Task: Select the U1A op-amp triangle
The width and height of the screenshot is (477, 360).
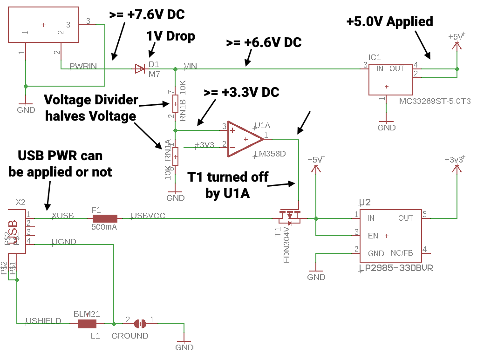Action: tap(244, 139)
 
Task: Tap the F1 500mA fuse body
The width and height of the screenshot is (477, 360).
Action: tap(104, 218)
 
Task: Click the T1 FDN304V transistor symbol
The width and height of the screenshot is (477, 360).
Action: tap(289, 216)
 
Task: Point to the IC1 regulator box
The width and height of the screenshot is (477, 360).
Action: tap(390, 79)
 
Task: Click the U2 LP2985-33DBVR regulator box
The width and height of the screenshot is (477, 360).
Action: tap(390, 236)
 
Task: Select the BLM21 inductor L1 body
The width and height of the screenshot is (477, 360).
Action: tap(87, 324)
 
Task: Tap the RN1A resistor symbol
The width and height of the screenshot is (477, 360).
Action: tap(175, 154)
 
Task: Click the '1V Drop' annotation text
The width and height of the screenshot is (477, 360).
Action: tap(170, 36)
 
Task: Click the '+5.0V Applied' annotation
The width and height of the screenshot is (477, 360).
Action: tap(390, 21)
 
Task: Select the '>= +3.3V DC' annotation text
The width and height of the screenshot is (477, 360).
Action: tap(241, 92)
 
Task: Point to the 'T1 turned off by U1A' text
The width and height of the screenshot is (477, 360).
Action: tap(228, 184)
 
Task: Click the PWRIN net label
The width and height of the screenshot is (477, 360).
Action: tap(83, 66)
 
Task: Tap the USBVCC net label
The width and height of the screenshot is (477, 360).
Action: tap(148, 216)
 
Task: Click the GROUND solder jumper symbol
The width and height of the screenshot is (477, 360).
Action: tap(140, 323)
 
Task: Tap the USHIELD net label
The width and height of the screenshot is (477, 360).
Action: tap(43, 320)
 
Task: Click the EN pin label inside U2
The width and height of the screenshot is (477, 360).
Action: tap(373, 236)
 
